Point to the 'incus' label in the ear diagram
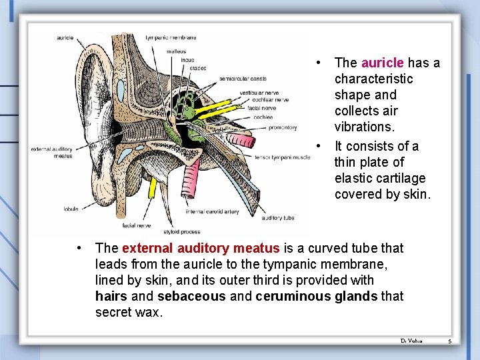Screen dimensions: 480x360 (187, 60)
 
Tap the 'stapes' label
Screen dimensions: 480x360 (198, 68)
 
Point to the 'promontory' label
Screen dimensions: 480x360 (283, 127)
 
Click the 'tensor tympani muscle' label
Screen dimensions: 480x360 (282, 158)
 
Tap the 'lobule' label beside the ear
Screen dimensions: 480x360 (71, 209)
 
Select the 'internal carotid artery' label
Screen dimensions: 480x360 (212, 212)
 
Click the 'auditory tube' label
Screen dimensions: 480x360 (278, 218)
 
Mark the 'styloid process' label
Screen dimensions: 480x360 (181, 232)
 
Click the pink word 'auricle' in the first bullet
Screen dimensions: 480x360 (382, 63)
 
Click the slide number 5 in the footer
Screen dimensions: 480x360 (449, 341)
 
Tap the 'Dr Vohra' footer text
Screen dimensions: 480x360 (411, 341)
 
